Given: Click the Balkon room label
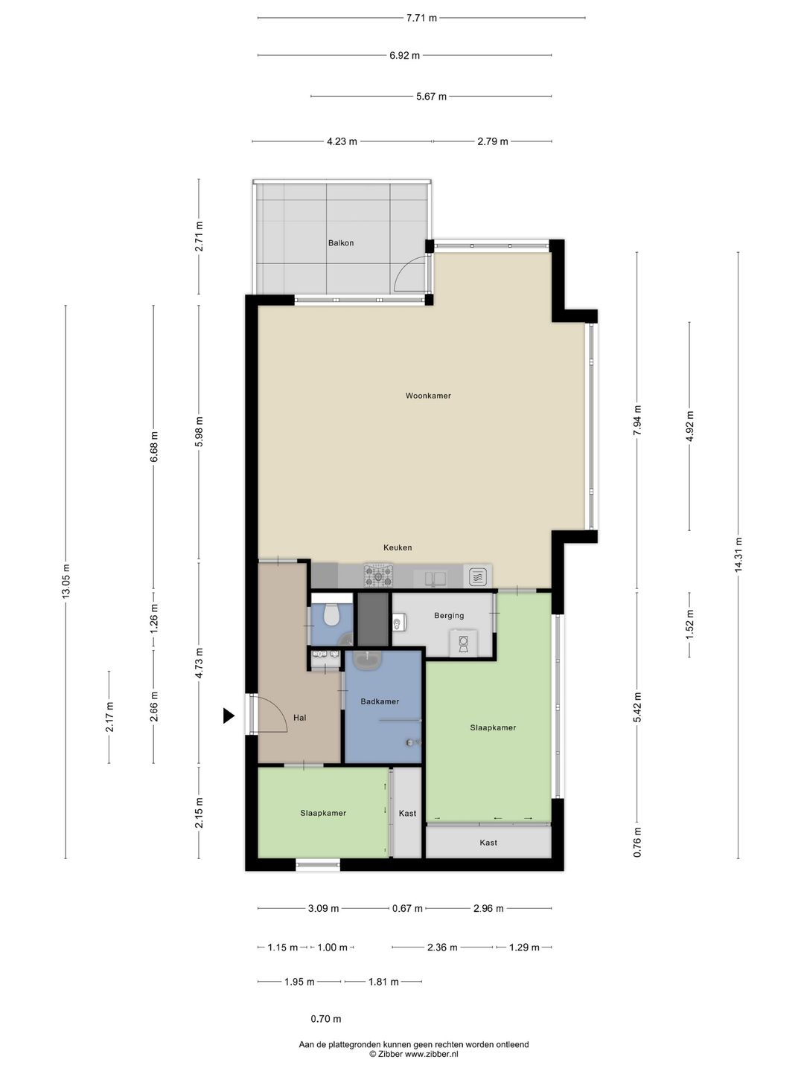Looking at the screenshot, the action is [341, 243].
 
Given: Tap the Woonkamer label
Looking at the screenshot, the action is [428, 396].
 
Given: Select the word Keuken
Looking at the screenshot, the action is [398, 547].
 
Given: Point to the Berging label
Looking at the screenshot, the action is [449, 615].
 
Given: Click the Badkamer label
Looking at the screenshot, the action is [380, 701].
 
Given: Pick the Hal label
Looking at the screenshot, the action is [300, 717].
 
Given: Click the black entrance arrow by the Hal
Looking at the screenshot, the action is [229, 715].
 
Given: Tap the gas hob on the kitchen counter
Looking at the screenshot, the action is [378, 576].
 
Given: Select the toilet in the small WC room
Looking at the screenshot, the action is [331, 615].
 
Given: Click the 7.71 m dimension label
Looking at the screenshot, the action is [421, 18].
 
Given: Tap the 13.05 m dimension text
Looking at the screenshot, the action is [66, 581].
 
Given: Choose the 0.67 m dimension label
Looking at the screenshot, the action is [407, 908].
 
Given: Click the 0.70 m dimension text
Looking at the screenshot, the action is [326, 1019].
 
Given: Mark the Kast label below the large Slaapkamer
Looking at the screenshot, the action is [488, 842].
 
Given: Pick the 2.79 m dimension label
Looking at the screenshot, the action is [493, 141].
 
